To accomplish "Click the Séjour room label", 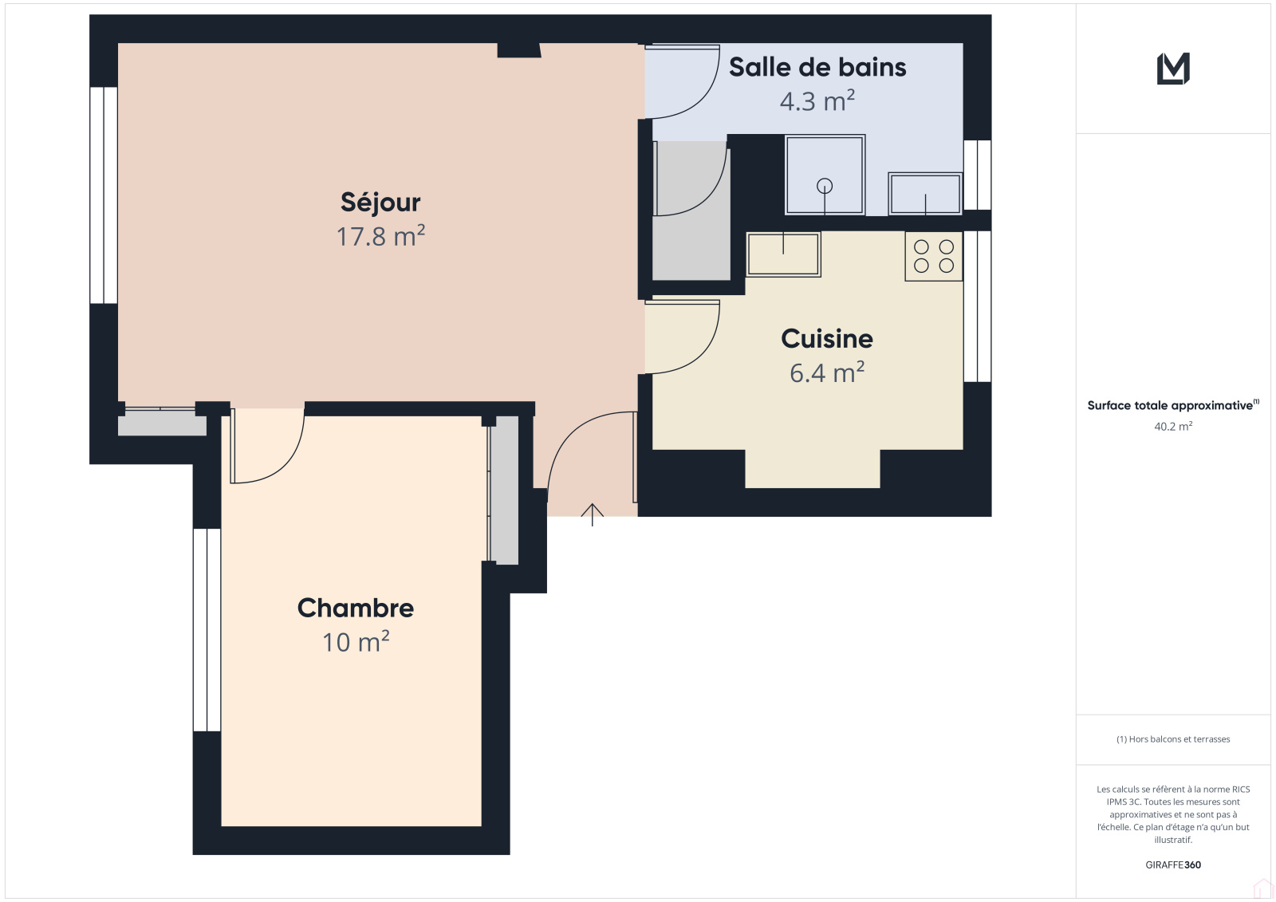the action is coord(380,203).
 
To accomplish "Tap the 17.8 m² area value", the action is coord(380,236).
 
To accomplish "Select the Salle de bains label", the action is coord(817,67).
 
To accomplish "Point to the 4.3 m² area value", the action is coord(817,100).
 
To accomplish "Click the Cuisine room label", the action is coord(826,338).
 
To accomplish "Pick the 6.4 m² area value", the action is coord(827,372).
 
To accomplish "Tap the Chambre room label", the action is coord(356,608).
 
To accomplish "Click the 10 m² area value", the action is coord(356,642).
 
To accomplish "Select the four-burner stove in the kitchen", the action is coord(934,257).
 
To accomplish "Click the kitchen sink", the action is coord(783,254).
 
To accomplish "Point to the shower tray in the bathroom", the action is coord(825,175).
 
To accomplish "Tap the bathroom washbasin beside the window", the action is coord(925,194).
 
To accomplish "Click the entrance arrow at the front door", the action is coord(593,514).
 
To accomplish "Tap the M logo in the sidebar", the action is coord(1173,69).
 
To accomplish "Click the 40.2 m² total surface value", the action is coord(1173,426).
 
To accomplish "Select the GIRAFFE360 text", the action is coord(1173,865).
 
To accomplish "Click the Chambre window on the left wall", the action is coord(207,629).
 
